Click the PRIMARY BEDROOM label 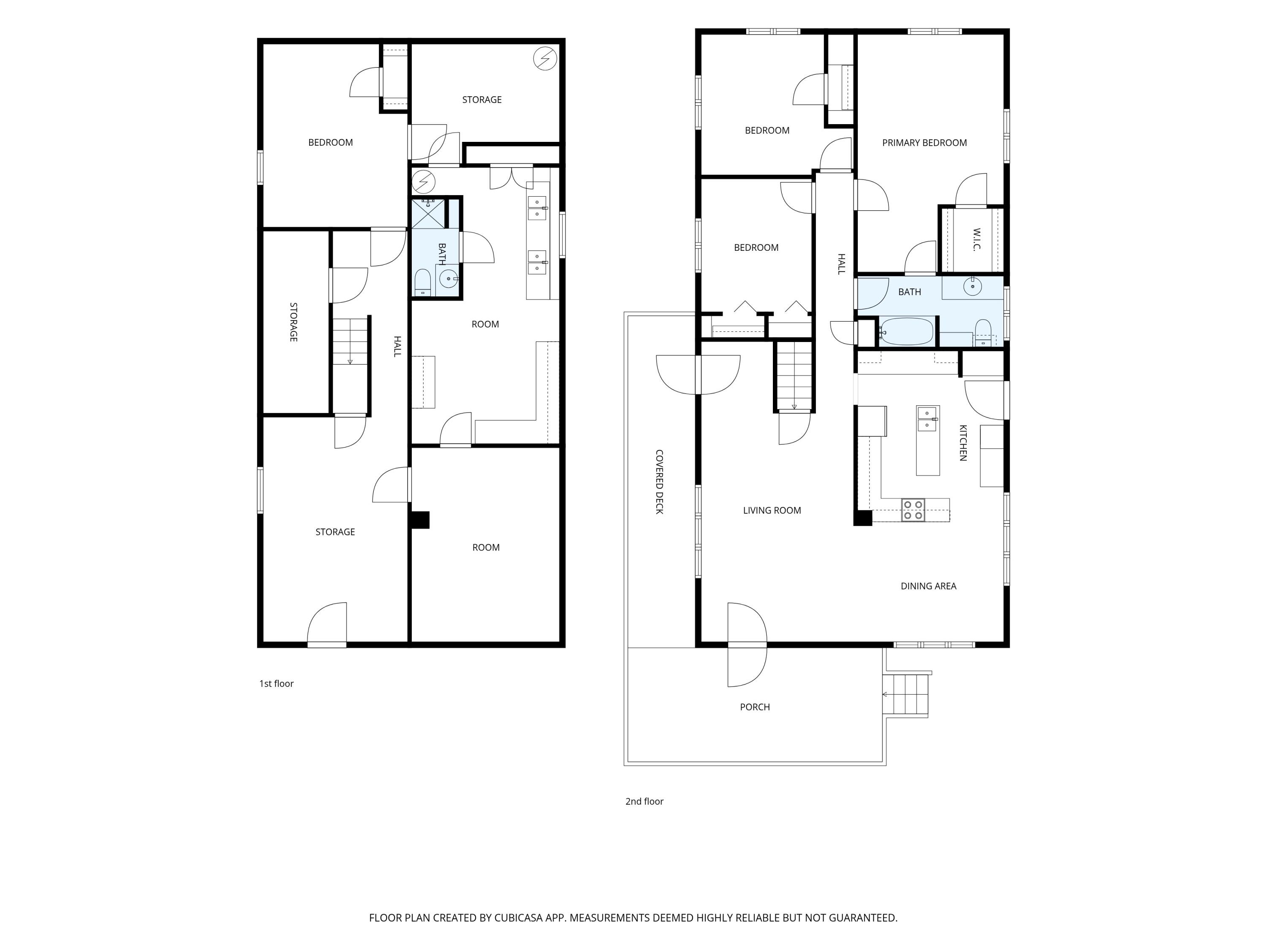924,143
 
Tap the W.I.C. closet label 976,239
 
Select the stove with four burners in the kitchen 913,510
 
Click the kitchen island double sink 927,418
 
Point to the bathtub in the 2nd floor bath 907,331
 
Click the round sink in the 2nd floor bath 972,286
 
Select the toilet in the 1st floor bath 423,282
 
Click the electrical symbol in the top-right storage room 545,58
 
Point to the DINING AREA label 928,586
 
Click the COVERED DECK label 659,482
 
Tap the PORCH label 755,707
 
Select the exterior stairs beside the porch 905,695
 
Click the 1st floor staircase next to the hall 350,341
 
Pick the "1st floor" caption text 276,683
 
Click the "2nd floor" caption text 644,801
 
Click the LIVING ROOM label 772,510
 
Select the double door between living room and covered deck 698,375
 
